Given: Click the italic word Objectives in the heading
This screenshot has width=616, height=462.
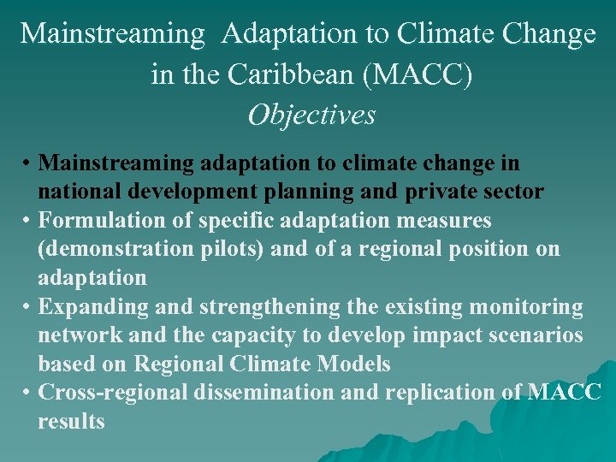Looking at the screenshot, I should pyautogui.click(x=311, y=115).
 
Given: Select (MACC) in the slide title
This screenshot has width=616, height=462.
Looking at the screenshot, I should pyautogui.click(x=418, y=74).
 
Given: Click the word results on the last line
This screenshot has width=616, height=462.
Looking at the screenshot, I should pyautogui.click(x=71, y=422).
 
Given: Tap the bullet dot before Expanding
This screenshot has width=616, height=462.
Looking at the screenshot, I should pyautogui.click(x=28, y=307).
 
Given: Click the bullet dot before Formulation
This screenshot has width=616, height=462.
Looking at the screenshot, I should pyautogui.click(x=28, y=222).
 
